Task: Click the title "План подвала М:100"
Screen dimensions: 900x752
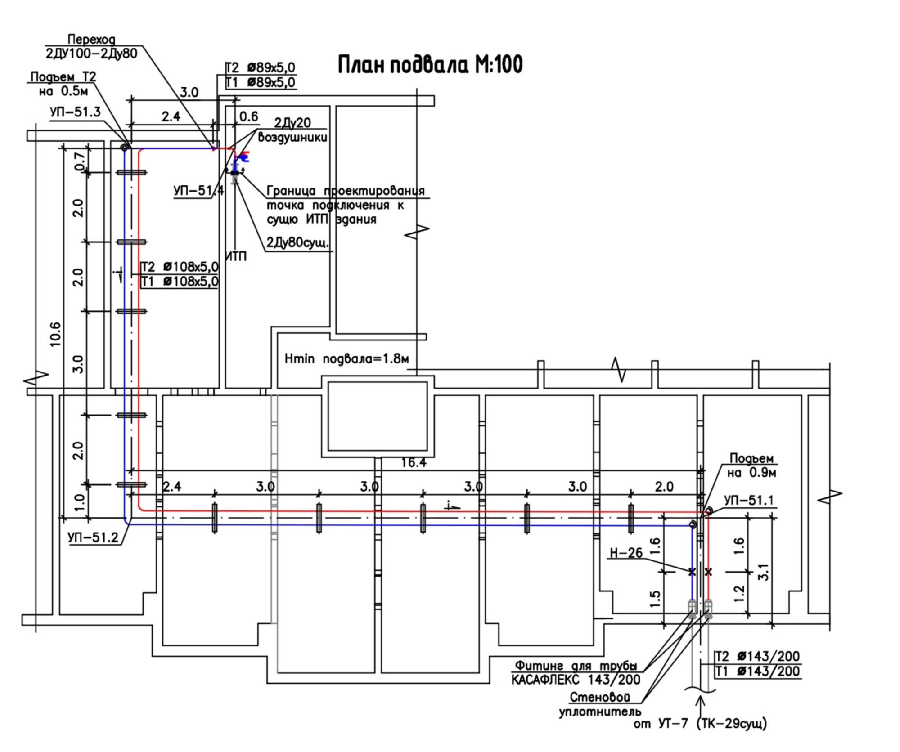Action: pos(430,64)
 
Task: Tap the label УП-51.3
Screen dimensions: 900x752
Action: pos(75,112)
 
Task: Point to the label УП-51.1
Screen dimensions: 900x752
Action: pos(750,500)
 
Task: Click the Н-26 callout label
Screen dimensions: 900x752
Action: pos(626,552)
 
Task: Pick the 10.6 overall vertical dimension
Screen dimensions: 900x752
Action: pos(55,334)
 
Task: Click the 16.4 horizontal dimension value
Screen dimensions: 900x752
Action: pos(414,462)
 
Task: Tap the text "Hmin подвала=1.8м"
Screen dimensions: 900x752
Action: pos(347,359)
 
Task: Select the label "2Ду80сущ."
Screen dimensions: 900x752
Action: pos(297,243)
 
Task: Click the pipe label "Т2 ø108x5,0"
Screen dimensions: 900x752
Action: pos(180,267)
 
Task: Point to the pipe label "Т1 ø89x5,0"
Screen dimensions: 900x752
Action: pos(260,82)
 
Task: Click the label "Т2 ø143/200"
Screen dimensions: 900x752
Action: pos(757,656)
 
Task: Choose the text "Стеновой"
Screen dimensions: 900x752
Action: pos(600,697)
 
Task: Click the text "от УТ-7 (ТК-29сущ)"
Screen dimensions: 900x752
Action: pos(700,724)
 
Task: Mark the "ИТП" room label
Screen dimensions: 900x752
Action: pos(236,256)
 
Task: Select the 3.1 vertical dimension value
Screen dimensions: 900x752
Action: pos(763,572)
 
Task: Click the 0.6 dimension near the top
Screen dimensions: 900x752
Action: pos(248,116)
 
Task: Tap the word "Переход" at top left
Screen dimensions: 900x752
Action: pos(91,40)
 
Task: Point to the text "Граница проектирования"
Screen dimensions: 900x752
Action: pos(346,191)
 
